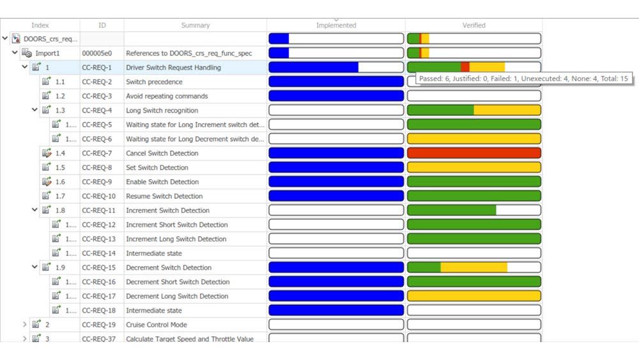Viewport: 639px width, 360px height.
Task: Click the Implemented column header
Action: pos(336,26)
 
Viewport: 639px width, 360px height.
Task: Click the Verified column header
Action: pos(473,26)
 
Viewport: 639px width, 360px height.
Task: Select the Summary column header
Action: pos(195,26)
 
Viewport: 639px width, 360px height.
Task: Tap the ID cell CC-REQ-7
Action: pos(97,153)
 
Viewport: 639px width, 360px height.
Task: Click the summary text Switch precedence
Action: pos(154,82)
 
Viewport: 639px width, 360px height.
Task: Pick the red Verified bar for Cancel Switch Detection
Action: pos(473,153)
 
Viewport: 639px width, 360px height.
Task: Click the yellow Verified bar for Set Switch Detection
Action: pos(473,168)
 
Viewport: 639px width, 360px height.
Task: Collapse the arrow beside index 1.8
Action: pos(35,210)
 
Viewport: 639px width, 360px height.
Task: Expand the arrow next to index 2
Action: pos(25,325)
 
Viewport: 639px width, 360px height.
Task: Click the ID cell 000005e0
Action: pos(97,53)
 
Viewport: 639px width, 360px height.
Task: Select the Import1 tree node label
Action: pos(47,53)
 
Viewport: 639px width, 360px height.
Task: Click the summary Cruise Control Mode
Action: pos(157,325)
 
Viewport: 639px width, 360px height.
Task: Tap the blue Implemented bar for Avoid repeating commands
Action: pos(336,96)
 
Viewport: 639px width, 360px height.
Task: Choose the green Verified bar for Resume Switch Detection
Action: pos(473,196)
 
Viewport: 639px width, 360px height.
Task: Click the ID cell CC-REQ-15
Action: pos(99,268)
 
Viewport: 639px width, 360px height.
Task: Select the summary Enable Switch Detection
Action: pos(162,182)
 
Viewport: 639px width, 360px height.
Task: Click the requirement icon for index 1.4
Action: pos(46,153)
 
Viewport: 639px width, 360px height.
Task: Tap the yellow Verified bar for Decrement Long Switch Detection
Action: pos(473,296)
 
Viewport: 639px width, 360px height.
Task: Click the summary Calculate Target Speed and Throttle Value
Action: pos(189,339)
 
